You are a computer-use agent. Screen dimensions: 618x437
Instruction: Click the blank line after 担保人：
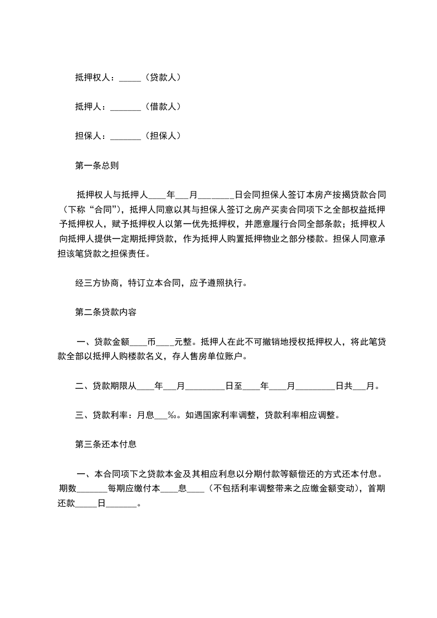point(126,135)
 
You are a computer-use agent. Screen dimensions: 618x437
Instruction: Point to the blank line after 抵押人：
point(126,107)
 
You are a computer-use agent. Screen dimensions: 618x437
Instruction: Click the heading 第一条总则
point(96,165)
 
